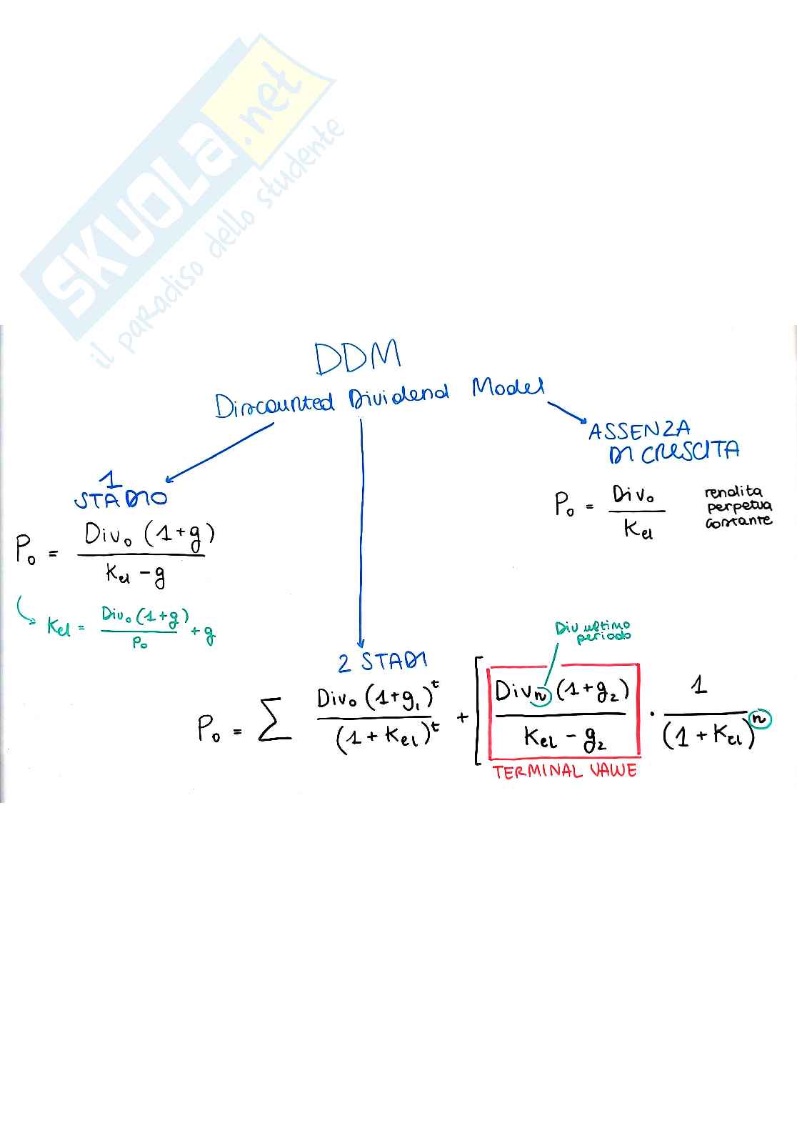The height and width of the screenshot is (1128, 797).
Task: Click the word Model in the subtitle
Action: pyautogui.click(x=508, y=388)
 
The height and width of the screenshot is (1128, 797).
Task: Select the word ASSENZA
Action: pyautogui.click(x=639, y=430)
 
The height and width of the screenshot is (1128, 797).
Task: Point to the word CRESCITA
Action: pyautogui.click(x=690, y=452)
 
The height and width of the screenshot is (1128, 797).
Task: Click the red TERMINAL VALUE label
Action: pyautogui.click(x=564, y=771)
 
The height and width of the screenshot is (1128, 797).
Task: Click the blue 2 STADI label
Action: pyautogui.click(x=382, y=662)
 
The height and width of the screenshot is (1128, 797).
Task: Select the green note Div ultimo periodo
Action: pyautogui.click(x=593, y=631)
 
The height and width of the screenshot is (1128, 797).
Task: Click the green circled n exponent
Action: pyautogui.click(x=759, y=719)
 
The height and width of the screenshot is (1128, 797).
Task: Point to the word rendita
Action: pyautogui.click(x=733, y=491)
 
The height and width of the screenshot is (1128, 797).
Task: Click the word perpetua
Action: pyautogui.click(x=739, y=506)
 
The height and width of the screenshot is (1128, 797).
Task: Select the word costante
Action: pyautogui.click(x=738, y=521)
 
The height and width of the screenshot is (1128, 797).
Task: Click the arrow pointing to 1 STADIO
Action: pyautogui.click(x=218, y=453)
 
